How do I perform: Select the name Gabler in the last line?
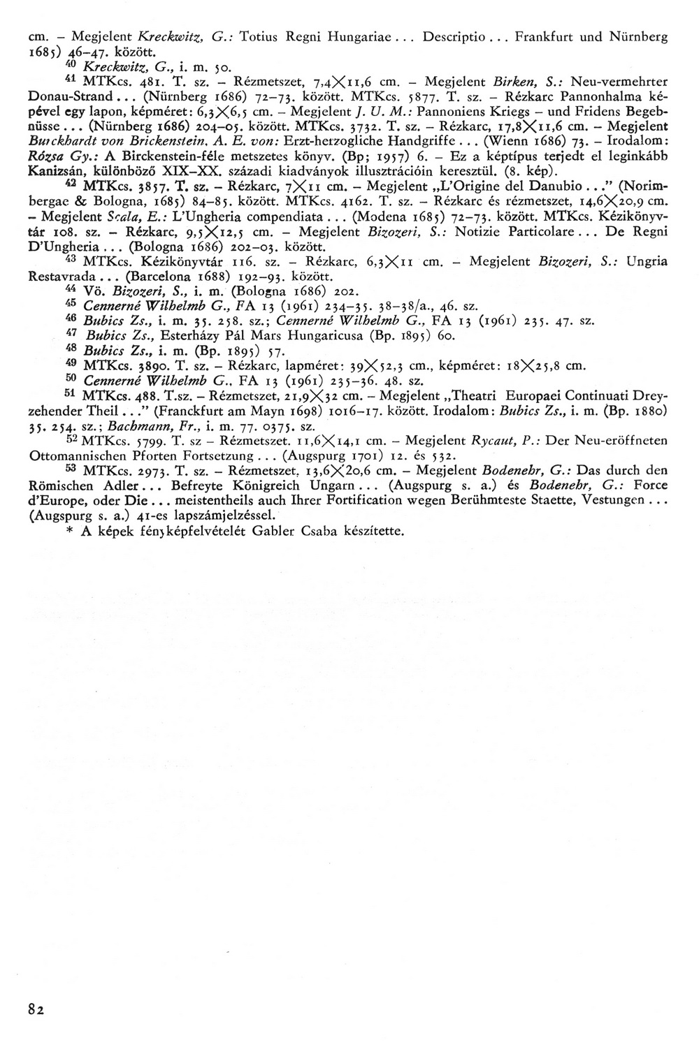coord(261,531)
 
